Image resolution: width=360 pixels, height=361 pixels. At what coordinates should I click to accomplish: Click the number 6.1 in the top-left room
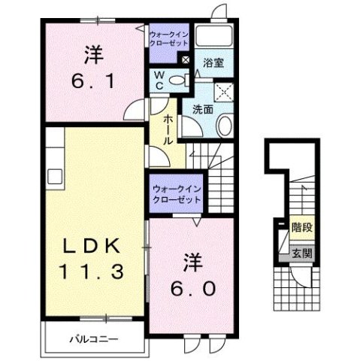click(x=94, y=80)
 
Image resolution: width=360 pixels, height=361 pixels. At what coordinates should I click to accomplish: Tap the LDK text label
click(x=94, y=247)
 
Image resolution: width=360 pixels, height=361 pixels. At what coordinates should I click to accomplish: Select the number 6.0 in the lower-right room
click(x=192, y=287)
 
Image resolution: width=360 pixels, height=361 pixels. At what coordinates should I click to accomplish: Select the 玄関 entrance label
click(x=302, y=253)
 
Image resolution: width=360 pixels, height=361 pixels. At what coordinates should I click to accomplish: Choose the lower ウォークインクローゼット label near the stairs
click(x=177, y=195)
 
